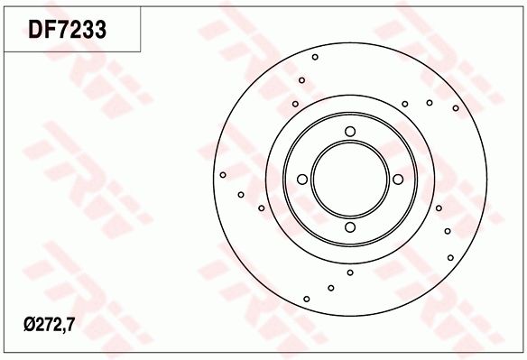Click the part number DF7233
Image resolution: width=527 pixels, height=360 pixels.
point(68,29)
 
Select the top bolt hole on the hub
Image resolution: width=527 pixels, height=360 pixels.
point(350,133)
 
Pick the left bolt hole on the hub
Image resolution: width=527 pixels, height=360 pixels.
point(303,179)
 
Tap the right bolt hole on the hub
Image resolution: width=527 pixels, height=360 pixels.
point(397,179)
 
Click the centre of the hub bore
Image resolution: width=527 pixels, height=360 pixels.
point(350,179)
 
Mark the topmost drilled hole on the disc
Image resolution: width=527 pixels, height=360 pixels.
point(315,57)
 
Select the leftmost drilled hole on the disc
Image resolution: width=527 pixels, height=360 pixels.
point(222,175)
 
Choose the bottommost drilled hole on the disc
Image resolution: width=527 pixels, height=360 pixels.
point(307,299)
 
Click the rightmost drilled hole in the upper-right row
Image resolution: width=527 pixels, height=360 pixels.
point(456,108)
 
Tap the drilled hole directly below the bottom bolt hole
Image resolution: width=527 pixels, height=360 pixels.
point(350,272)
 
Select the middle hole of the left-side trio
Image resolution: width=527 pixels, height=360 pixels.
point(241,193)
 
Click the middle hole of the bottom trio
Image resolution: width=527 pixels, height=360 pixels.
point(331,288)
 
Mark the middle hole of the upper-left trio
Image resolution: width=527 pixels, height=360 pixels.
point(301,80)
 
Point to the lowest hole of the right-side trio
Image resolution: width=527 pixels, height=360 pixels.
point(450,257)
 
